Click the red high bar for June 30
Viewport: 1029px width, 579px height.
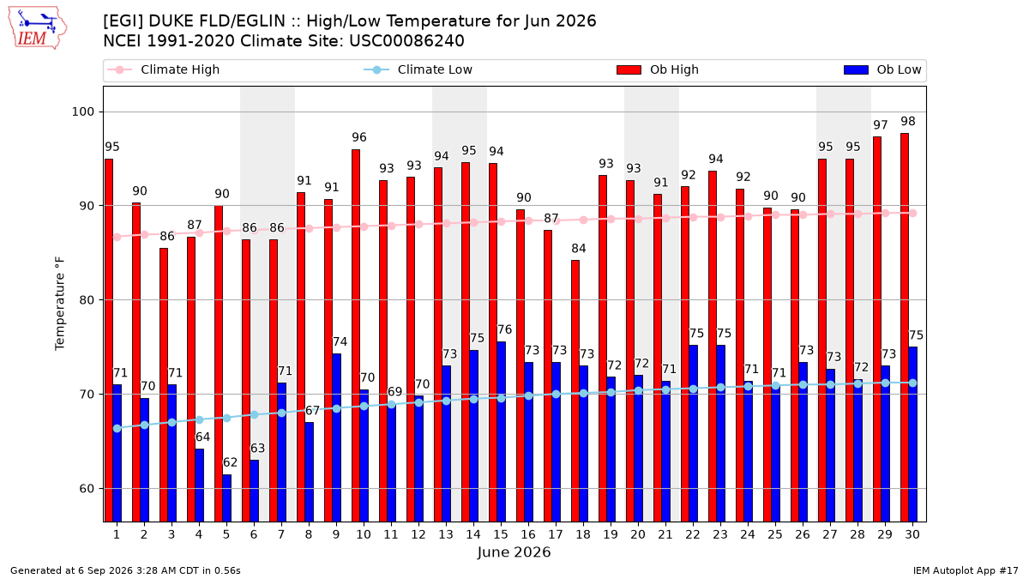coord(905,328)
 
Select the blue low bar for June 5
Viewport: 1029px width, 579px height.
coord(227,498)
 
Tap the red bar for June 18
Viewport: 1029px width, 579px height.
coord(575,391)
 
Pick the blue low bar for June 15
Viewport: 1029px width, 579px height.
coord(501,432)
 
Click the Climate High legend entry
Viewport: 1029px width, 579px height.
coord(164,69)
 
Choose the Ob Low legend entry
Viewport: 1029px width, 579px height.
coord(882,69)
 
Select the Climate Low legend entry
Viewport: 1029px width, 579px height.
coord(418,69)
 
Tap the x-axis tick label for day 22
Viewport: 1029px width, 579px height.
coord(693,534)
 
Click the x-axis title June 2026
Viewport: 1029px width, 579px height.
coord(514,552)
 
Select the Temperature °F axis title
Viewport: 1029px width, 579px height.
coord(60,305)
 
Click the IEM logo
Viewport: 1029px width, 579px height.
coord(38,28)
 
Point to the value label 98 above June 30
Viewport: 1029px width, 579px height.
coord(908,121)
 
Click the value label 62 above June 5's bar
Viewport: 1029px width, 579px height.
coord(230,462)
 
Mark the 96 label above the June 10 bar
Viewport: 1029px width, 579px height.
coord(359,137)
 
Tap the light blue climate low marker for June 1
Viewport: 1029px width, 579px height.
coord(117,428)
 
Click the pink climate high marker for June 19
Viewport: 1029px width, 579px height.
coord(611,220)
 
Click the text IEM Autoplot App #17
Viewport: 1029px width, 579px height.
coord(966,570)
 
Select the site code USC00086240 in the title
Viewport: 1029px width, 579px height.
coord(407,41)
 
